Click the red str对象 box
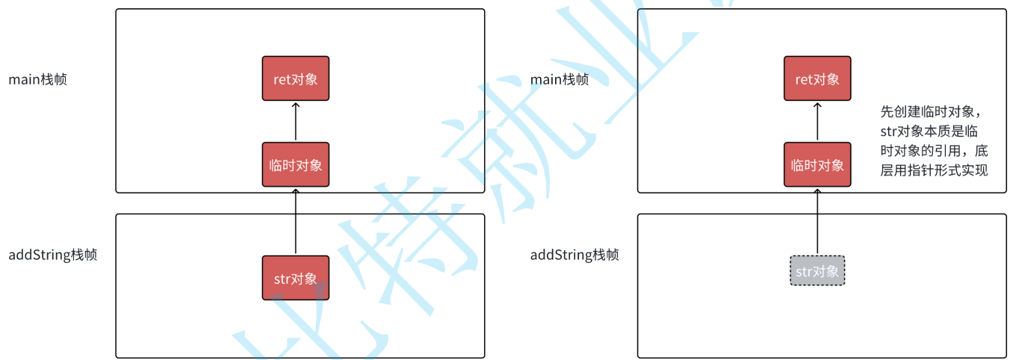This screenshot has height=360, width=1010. [x=295, y=278]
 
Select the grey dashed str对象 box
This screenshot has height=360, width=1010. [x=817, y=271]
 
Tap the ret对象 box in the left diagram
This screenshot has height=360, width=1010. [x=295, y=78]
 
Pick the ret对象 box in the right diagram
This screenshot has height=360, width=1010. [x=817, y=78]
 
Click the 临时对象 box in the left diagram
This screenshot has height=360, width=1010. [x=295, y=164]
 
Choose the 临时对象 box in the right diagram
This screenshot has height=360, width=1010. [x=817, y=164]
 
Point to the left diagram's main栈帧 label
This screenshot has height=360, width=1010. [x=37, y=78]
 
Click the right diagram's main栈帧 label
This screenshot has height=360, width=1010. [x=559, y=78]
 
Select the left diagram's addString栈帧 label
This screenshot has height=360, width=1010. [x=52, y=255]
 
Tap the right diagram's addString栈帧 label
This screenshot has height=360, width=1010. [x=574, y=255]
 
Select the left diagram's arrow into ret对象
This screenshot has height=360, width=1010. [x=295, y=122]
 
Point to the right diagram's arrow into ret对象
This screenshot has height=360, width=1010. [x=817, y=122]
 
